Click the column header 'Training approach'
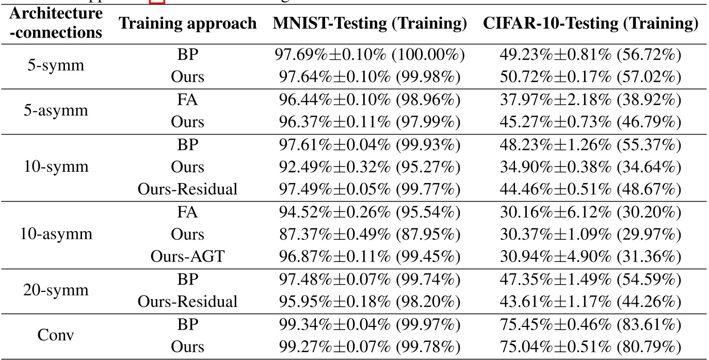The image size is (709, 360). pos(188,24)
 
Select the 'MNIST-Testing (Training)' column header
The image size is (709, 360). pos(370,24)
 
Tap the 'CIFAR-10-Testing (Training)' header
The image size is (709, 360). pos(590,24)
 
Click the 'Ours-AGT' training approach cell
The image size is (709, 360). pos(188,257)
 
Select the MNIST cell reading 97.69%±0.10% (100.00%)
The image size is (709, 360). pos(370,55)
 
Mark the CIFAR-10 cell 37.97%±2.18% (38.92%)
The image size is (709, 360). pos(590,100)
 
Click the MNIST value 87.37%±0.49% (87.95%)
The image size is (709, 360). pos(370,235)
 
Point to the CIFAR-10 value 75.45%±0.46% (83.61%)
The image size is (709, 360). pos(590,324)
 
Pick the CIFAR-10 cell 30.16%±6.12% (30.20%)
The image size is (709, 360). pos(590,212)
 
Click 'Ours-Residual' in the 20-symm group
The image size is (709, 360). pos(188,302)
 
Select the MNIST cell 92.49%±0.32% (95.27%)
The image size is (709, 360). pos(370,167)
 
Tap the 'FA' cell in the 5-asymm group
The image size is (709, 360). pos(188,100)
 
